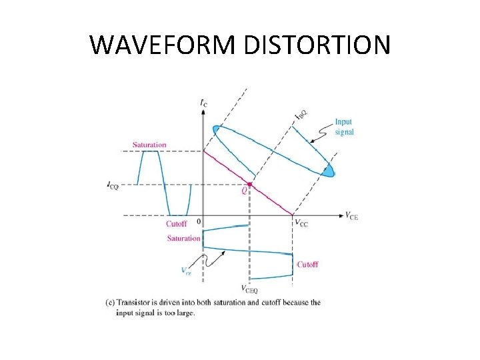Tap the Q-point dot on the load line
[249, 184]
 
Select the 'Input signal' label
[344, 127]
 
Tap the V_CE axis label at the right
[351, 215]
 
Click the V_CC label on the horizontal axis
[301, 223]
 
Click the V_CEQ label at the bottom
[249, 289]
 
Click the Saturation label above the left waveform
[149, 145]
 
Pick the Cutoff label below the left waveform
[176, 224]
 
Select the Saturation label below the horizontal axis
[183, 238]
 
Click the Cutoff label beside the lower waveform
[307, 264]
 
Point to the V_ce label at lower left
[186, 271]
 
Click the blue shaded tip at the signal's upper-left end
[216, 129]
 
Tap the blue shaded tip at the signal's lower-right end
[328, 172]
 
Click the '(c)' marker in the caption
[111, 302]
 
